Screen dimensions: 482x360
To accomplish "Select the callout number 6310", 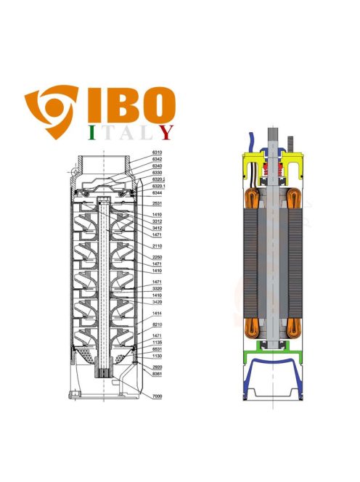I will click(x=157, y=152).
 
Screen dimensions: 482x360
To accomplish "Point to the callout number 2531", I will click(x=157, y=205).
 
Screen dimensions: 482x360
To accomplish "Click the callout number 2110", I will click(x=157, y=246).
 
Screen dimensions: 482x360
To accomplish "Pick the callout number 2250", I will click(x=157, y=258).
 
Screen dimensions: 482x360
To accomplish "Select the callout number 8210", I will click(x=157, y=324).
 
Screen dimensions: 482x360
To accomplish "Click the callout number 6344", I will click(x=157, y=193).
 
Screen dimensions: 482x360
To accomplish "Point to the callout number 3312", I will click(x=157, y=221).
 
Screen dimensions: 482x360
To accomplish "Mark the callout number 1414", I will click(x=157, y=313).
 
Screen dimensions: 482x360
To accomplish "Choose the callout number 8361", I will click(x=157, y=375).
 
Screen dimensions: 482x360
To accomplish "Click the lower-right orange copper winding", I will click(x=294, y=330).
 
